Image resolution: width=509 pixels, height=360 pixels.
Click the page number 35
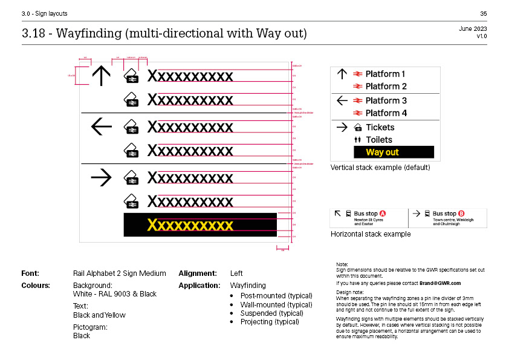tap(483, 13)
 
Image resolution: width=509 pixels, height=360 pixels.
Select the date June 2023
tap(473, 28)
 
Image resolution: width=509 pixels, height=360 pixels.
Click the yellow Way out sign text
tap(382, 152)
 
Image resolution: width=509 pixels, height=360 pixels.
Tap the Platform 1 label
tap(385, 74)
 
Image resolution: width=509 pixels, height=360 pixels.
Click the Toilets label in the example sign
tap(379, 140)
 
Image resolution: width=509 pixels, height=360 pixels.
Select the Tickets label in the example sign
tap(380, 127)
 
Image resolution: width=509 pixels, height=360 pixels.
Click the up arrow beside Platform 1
tap(342, 74)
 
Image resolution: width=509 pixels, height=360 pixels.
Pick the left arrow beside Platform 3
tap(342, 100)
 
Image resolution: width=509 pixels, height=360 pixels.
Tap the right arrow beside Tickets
tap(342, 127)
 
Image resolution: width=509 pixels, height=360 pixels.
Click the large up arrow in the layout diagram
tap(101, 76)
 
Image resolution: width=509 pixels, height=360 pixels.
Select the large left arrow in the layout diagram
tap(101, 126)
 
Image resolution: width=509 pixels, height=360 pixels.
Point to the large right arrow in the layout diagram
tap(101, 177)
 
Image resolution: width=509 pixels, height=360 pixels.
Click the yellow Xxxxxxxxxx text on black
tap(190, 225)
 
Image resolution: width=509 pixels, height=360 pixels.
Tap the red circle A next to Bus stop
tap(383, 214)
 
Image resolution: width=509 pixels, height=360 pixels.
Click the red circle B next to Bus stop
tap(461, 214)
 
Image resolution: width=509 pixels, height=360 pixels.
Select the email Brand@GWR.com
tap(440, 283)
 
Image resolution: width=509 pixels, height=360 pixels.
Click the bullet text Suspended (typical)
tap(270, 313)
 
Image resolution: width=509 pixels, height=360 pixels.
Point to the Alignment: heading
tap(199, 273)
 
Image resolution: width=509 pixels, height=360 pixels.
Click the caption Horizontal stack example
tap(370, 234)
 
